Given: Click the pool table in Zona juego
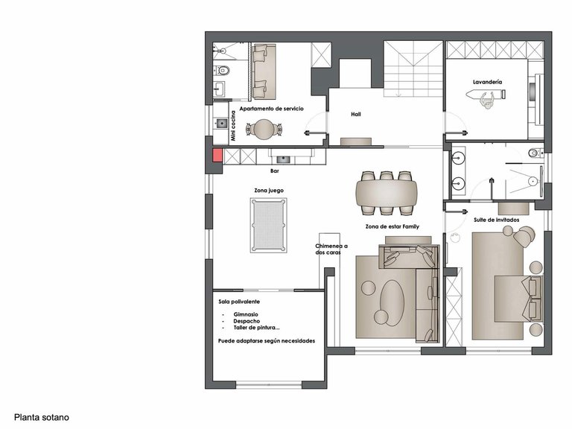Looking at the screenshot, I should [267, 226].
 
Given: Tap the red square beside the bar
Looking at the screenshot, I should [217, 156].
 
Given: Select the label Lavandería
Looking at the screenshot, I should [487, 80].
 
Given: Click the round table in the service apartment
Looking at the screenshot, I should [264, 129].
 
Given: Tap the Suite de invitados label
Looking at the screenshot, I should [497, 220].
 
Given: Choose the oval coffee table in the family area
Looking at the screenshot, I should [393, 300].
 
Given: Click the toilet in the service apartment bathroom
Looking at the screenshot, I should [223, 71].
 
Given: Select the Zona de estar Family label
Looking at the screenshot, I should [388, 226].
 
